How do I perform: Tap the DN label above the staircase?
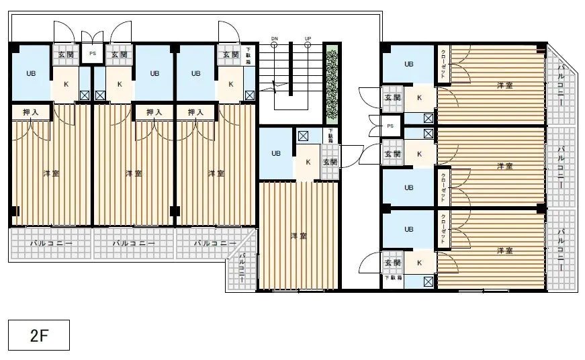pyautogui.click(x=274, y=39)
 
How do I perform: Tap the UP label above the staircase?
pyautogui.click(x=308, y=39)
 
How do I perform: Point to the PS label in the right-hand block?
pyautogui.click(x=390, y=126)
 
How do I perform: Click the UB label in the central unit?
pyautogui.click(x=275, y=153)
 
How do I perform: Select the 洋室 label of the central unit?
pyautogui.click(x=298, y=236)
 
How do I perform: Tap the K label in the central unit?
pyautogui.click(x=308, y=162)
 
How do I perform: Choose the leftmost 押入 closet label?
pyautogui.click(x=31, y=112)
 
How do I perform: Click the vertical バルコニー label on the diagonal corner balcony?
pyautogui.click(x=242, y=268)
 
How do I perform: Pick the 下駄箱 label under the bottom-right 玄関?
pyautogui.click(x=393, y=277)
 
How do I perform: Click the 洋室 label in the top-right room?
pyautogui.click(x=505, y=85)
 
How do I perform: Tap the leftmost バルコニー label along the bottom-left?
pyautogui.click(x=50, y=243)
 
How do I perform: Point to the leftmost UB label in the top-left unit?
pyautogui.click(x=31, y=74)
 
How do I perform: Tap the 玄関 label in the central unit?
pyautogui.click(x=329, y=162)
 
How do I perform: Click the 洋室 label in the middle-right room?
pyautogui.click(x=505, y=166)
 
